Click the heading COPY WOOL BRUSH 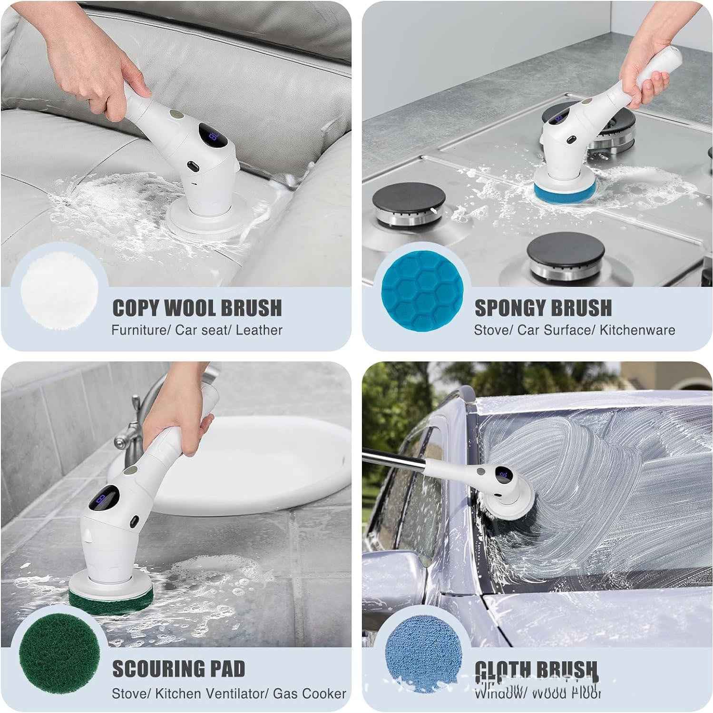click(x=197, y=308)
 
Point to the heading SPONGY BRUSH click(x=543, y=308)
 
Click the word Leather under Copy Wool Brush click(x=259, y=330)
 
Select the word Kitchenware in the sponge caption click(x=637, y=330)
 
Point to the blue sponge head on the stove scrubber click(x=560, y=192)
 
